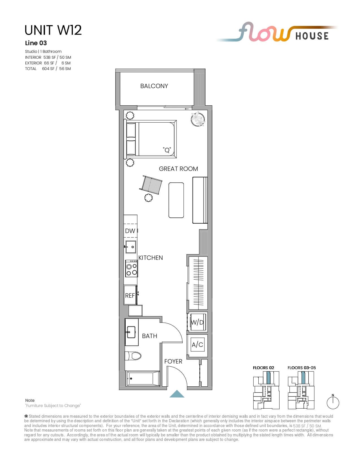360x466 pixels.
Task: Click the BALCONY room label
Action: click(x=154, y=86)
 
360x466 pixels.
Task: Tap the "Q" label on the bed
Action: click(x=167, y=149)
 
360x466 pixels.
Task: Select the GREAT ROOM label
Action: click(x=178, y=169)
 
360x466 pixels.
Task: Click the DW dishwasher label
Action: click(x=130, y=231)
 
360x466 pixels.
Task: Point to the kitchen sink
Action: click(x=131, y=247)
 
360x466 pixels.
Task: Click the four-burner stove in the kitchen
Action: click(x=132, y=269)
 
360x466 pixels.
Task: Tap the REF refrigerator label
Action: click(x=130, y=295)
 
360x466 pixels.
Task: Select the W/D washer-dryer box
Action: click(x=197, y=322)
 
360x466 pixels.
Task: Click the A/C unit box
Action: click(x=197, y=345)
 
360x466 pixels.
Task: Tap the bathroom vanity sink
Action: click(x=131, y=332)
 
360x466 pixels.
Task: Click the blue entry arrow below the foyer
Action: click(x=177, y=394)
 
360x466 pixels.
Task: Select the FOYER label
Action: click(x=173, y=361)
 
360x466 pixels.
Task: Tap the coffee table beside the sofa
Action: click(x=176, y=200)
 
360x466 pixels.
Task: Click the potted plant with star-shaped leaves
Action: click(x=198, y=119)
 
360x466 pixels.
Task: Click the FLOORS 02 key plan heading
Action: click(x=263, y=367)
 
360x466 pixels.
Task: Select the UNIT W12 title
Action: click(x=53, y=30)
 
